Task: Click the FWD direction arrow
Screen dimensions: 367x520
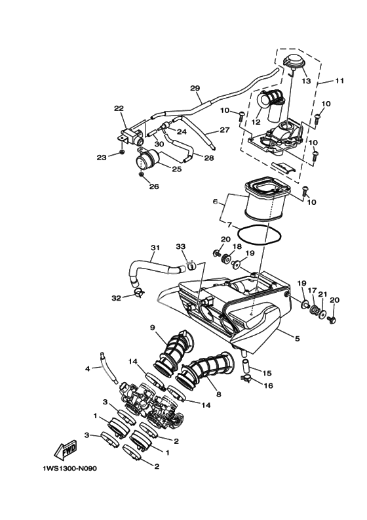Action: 66,451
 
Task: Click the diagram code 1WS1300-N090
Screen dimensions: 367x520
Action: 70,469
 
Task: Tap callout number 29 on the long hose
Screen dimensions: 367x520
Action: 195,88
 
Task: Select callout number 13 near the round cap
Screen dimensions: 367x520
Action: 307,81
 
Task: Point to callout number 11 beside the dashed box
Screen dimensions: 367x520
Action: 339,81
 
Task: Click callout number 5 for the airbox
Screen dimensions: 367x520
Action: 297,339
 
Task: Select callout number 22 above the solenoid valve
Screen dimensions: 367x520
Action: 119,108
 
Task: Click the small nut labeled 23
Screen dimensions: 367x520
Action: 122,152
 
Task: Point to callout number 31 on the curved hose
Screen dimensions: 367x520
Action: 155,248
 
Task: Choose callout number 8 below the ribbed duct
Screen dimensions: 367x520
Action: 218,395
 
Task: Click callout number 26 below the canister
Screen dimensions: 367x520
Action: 154,186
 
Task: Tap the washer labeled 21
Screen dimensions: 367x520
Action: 322,313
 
